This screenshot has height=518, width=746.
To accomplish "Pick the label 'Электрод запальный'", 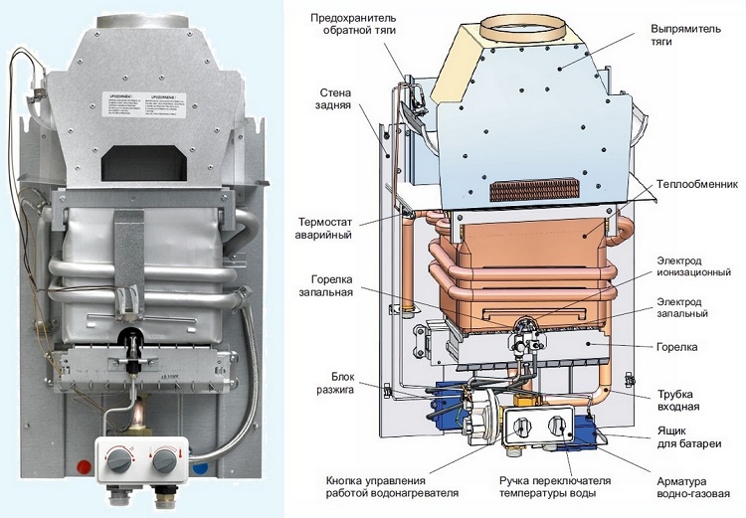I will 681,307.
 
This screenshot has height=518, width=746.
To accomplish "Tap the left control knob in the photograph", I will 117,460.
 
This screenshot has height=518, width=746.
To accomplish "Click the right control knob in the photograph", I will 162,460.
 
